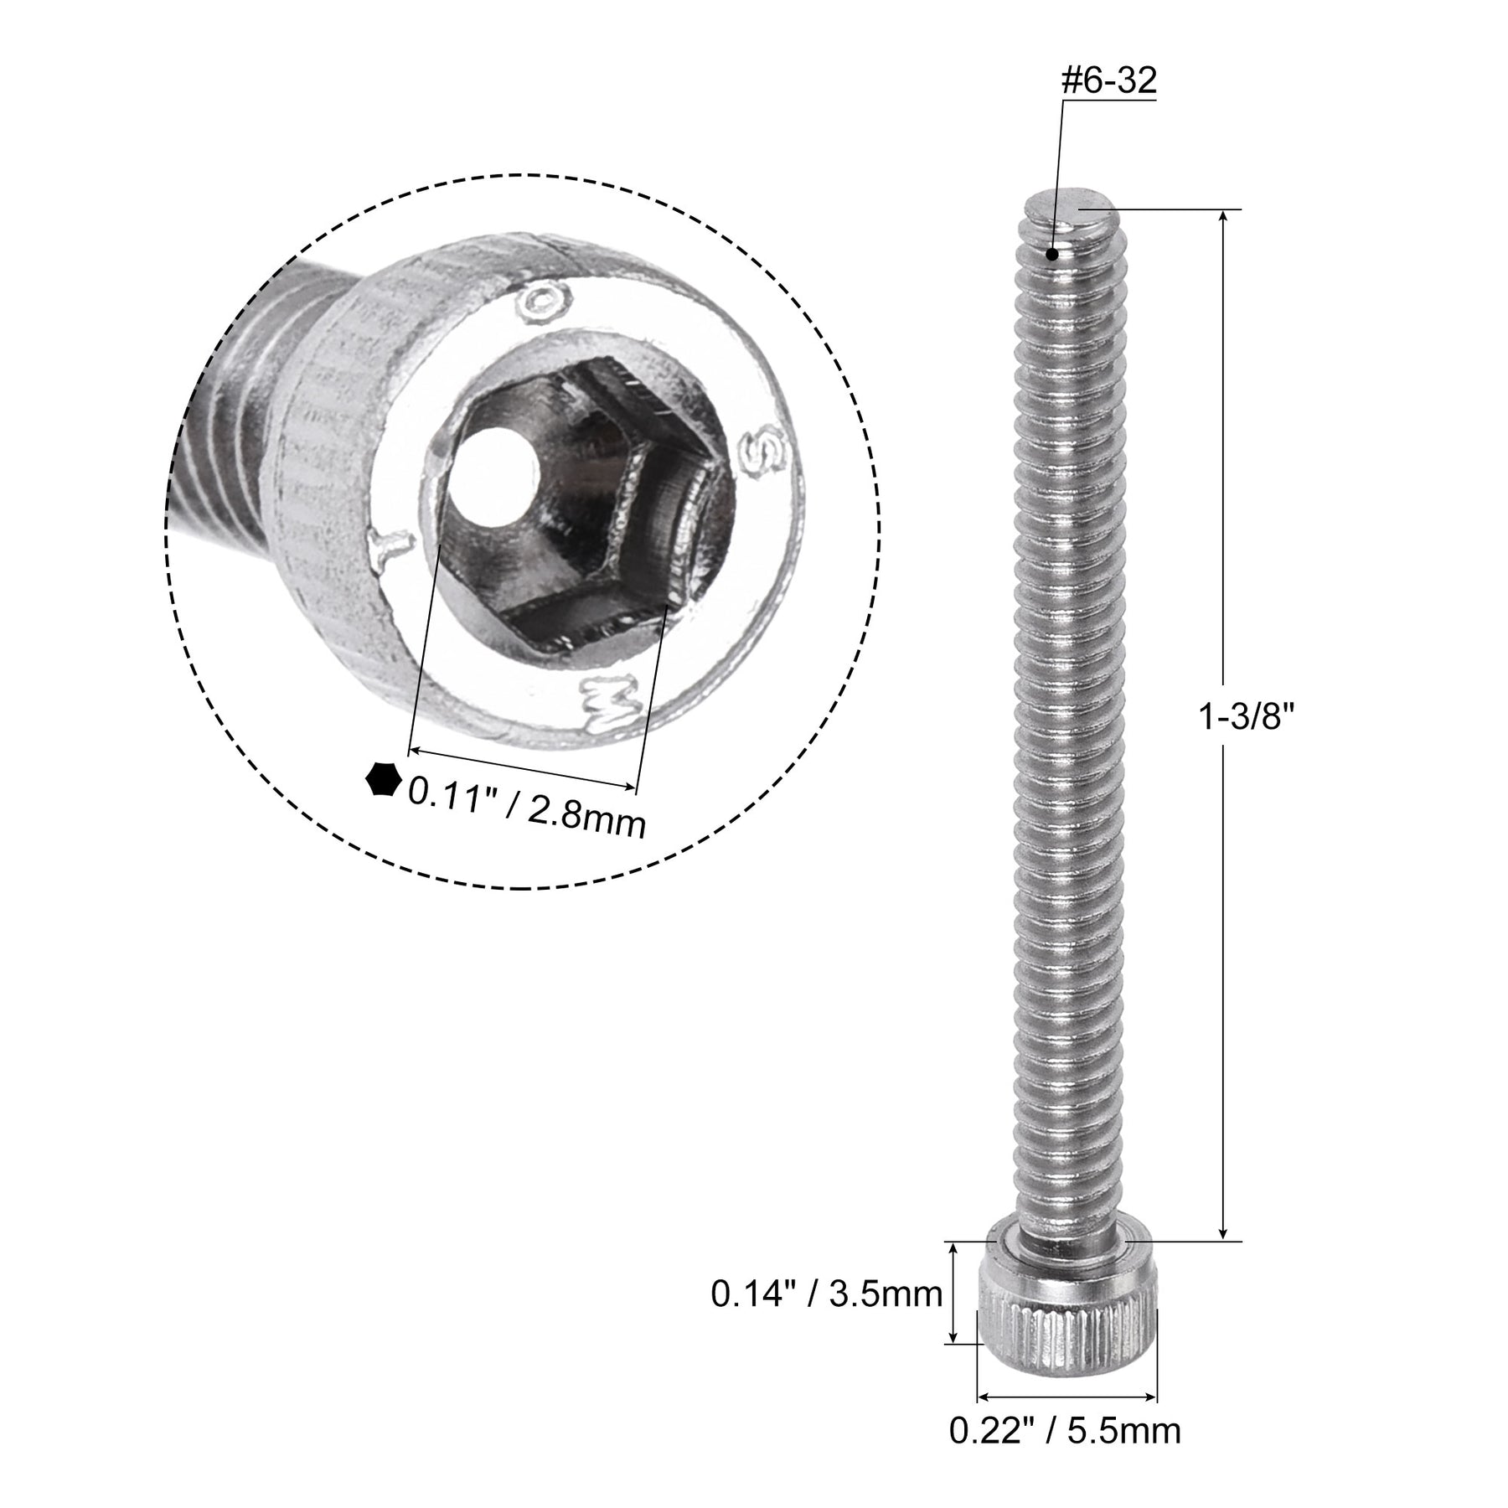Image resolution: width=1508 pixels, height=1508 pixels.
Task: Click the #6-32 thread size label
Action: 1109,81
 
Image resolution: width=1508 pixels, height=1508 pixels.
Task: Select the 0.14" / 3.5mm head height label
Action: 827,1294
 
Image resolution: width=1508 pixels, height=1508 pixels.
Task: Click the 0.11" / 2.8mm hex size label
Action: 526,805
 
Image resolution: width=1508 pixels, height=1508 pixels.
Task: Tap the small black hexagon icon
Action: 383,779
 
